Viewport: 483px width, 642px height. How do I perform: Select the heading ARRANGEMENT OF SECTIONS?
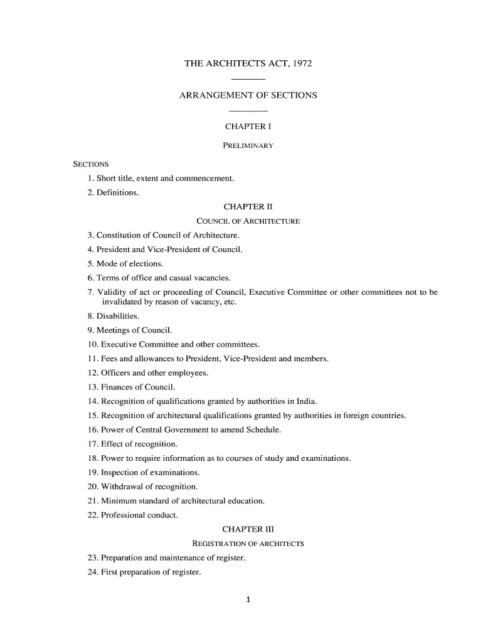click(x=248, y=95)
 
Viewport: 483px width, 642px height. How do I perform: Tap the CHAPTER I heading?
click(x=248, y=127)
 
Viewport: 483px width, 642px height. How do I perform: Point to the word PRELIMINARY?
click(x=248, y=145)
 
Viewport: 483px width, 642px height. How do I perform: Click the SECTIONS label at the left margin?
click(x=91, y=164)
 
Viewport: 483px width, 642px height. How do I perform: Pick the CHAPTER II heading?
click(x=248, y=206)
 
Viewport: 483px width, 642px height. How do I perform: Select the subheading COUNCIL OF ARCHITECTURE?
click(x=248, y=221)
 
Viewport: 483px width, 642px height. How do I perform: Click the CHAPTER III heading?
click(x=248, y=529)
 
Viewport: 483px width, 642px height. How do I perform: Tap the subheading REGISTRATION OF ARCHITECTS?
click(x=248, y=544)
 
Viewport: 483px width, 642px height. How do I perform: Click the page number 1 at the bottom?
click(x=248, y=599)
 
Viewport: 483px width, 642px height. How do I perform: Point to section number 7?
click(x=91, y=292)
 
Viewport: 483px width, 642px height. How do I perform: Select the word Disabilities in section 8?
click(x=114, y=316)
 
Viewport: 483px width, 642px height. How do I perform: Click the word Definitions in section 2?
click(x=117, y=192)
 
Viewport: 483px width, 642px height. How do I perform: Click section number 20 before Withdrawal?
click(x=93, y=487)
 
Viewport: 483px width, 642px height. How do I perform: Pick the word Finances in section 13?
click(x=117, y=387)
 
